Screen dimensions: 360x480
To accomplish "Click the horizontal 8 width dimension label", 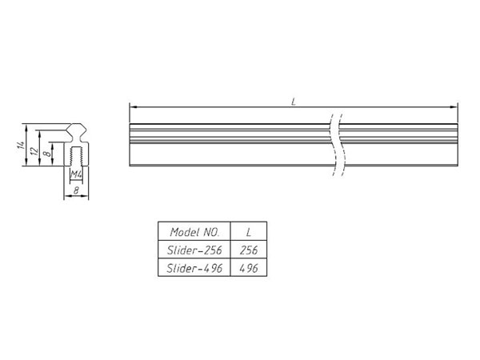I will [x=74, y=191].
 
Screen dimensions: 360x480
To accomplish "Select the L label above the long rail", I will [x=294, y=102].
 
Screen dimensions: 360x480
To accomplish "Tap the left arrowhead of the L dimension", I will [x=131, y=106].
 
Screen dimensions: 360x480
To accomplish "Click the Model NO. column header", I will [x=194, y=232].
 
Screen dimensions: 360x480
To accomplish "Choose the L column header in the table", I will [x=249, y=232].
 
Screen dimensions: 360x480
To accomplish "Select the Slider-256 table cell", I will [x=194, y=250].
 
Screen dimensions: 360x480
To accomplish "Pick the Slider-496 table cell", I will [x=194, y=269].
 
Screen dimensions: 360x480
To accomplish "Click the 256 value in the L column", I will [x=249, y=250].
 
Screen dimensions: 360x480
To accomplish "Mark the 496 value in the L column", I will [x=249, y=269].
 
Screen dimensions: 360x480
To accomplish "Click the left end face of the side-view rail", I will [x=129, y=145].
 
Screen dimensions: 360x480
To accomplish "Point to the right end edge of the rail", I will [x=458, y=145].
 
